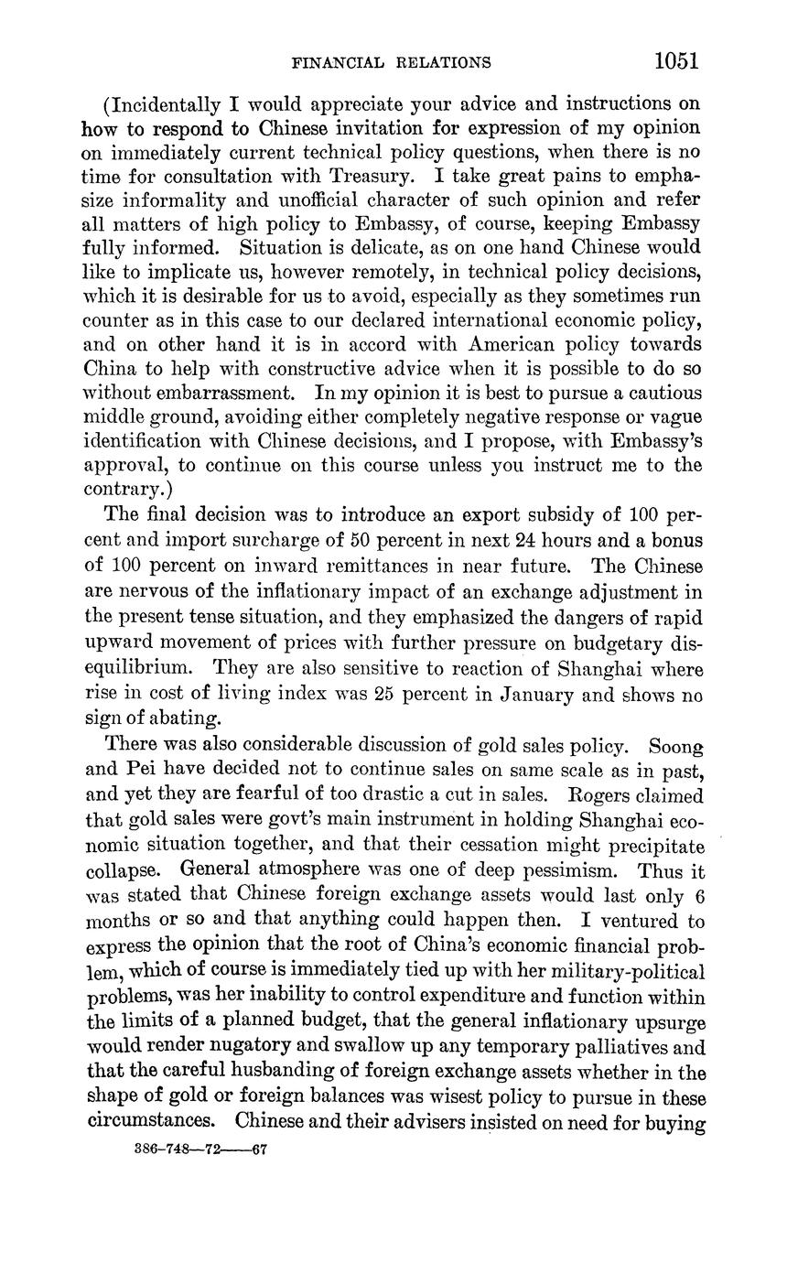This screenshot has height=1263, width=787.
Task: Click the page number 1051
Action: tap(676, 61)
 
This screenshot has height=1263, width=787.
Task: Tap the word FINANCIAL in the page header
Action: tap(332, 63)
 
